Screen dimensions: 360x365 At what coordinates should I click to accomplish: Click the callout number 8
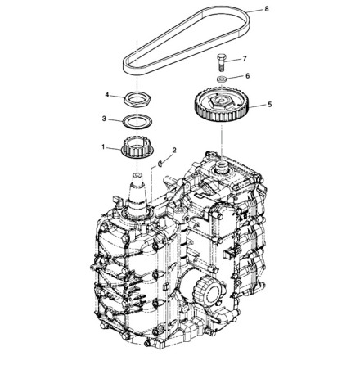pyautogui.click(x=267, y=9)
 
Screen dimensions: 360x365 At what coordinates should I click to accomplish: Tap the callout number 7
pyautogui.click(x=245, y=59)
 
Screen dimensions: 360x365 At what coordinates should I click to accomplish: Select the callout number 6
pyautogui.click(x=247, y=75)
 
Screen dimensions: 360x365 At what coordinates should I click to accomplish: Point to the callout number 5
pyautogui.click(x=269, y=105)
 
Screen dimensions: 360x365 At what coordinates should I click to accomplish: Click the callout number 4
pyautogui.click(x=107, y=95)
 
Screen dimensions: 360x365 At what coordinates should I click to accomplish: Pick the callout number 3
pyautogui.click(x=104, y=119)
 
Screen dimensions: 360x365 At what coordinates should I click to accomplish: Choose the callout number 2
pyautogui.click(x=174, y=150)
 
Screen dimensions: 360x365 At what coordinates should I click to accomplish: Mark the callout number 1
pyautogui.click(x=103, y=147)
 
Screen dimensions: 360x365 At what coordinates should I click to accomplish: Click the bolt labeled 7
pyautogui.click(x=221, y=62)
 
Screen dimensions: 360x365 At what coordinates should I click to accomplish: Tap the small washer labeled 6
pyautogui.click(x=221, y=79)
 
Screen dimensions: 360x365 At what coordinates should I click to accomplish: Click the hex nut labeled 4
pyautogui.click(x=137, y=100)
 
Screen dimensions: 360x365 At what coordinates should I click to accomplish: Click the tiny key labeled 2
pyautogui.click(x=160, y=164)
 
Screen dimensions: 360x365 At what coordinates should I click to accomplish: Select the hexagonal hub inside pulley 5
pyautogui.click(x=221, y=102)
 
